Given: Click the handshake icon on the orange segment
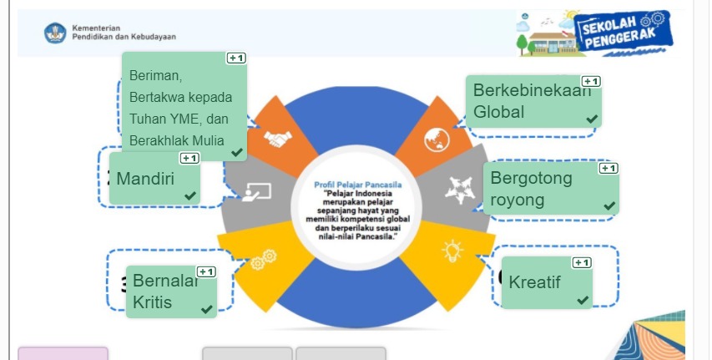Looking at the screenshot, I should [x=278, y=138].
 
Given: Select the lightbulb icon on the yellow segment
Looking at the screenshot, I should [x=452, y=249].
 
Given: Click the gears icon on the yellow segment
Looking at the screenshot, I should [x=263, y=260].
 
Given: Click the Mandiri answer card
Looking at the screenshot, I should [x=154, y=179].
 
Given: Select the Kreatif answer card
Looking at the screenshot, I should [x=547, y=282].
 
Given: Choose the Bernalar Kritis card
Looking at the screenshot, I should [x=170, y=292].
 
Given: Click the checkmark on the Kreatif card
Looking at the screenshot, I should [x=583, y=300].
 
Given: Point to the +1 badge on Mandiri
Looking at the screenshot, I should [x=189, y=158].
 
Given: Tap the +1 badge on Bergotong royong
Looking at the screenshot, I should [x=608, y=168].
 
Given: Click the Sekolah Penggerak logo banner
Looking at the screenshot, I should [x=621, y=33].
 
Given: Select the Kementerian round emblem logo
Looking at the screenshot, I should [x=55, y=33].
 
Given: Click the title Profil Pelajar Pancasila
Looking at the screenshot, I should [x=358, y=184].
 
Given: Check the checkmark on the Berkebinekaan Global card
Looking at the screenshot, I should [x=592, y=119].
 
